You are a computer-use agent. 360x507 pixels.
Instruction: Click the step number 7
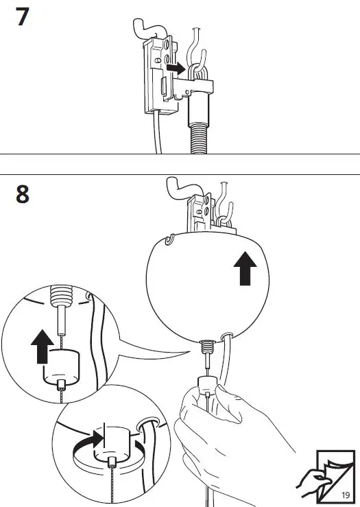23,16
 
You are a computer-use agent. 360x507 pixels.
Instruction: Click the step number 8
23,194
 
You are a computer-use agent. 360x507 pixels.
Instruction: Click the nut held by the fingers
206,387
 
